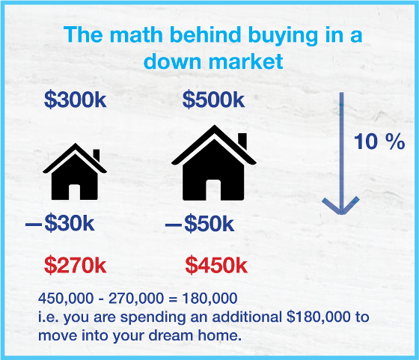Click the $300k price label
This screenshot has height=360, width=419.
coord(75,100)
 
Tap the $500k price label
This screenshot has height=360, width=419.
coord(213,100)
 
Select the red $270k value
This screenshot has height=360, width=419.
coord(75,265)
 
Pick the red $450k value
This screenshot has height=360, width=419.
coord(216,265)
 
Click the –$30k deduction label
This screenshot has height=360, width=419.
coord(60,223)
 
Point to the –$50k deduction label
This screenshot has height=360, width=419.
coord(200,223)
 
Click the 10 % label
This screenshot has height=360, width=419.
coord(379,141)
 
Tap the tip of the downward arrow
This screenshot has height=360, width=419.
coord(341,214)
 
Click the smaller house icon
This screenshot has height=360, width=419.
coord(75,171)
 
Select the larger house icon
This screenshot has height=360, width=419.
coord(214,163)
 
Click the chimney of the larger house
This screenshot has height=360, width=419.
coord(242,141)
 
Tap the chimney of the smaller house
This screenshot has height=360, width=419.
coord(97,155)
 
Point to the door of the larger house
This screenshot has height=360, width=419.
coord(213,190)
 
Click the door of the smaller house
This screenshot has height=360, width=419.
coord(75,192)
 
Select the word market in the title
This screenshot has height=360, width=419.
coord(245,61)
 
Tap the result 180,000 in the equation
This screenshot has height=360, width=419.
coord(209,299)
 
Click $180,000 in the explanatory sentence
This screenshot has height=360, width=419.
coord(318,317)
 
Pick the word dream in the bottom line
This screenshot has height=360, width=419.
coord(171,335)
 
